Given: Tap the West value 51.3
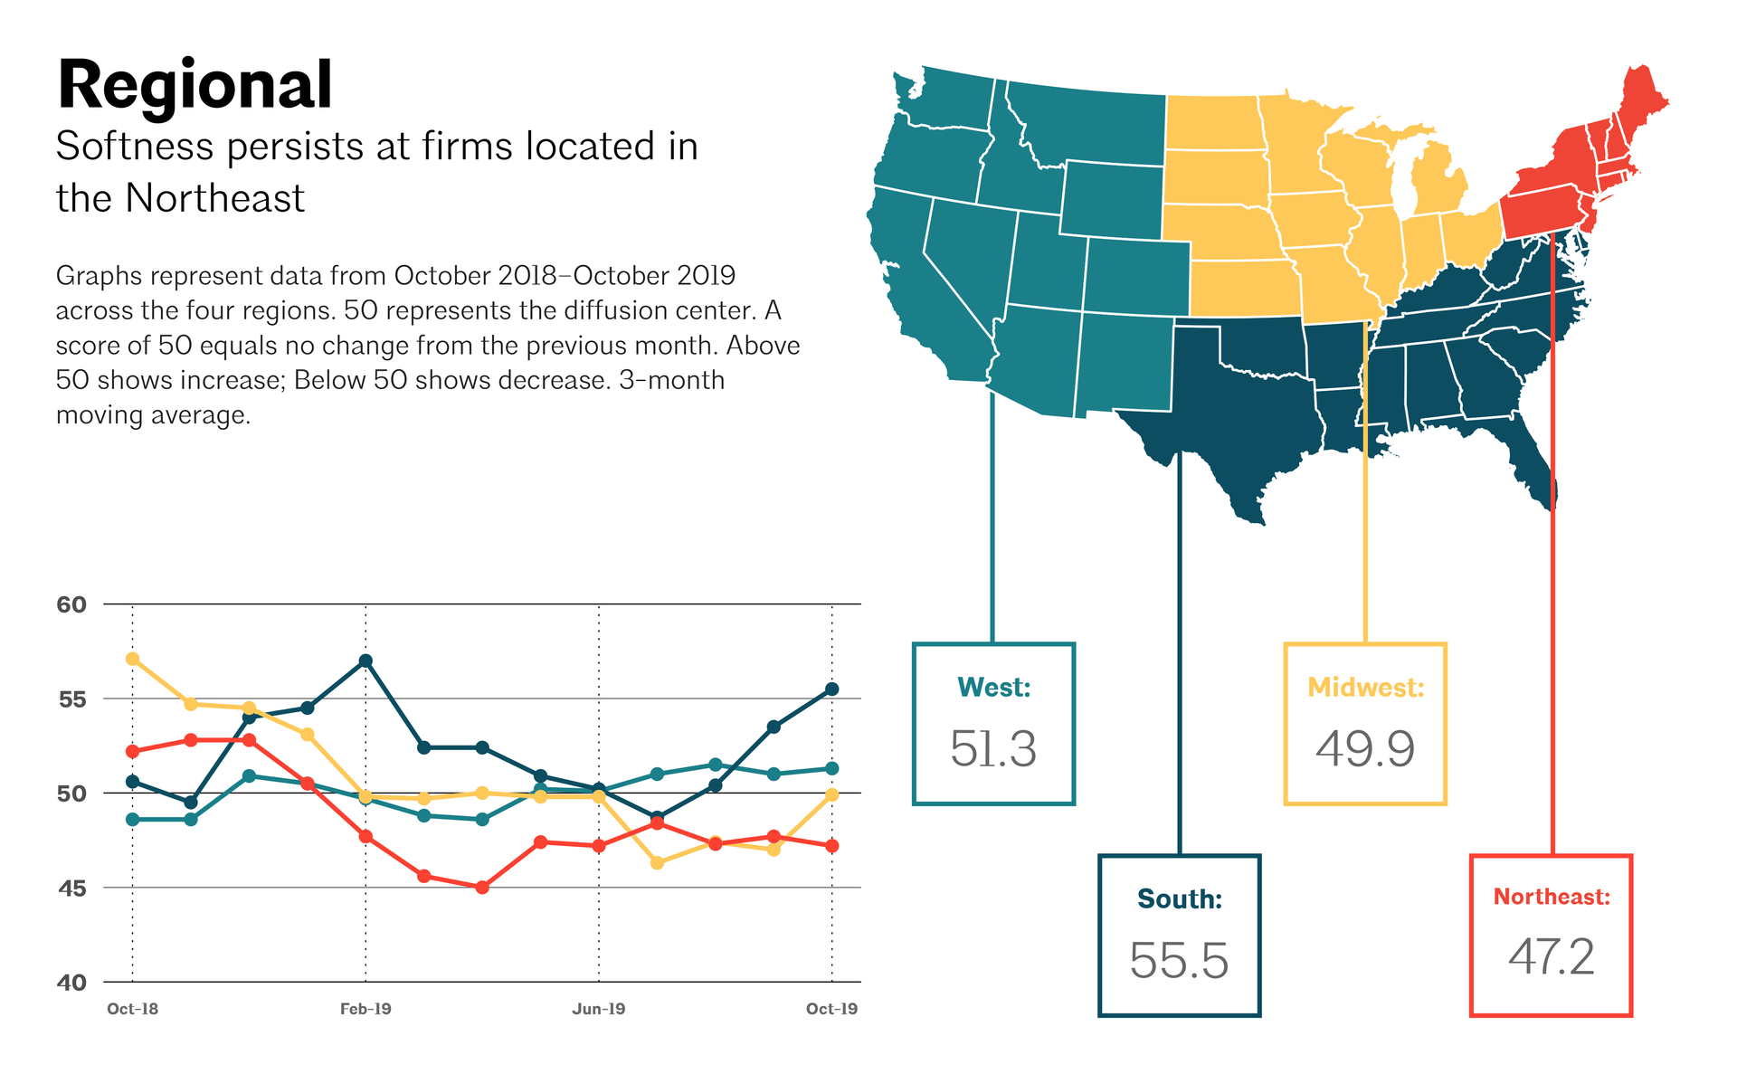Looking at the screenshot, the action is tap(993, 749).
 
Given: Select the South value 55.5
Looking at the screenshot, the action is tap(1179, 961).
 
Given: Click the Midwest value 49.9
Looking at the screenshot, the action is tap(1365, 749).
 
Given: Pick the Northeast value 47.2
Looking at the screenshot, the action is tap(1552, 957).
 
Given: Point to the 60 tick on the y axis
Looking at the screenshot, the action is tap(71, 604).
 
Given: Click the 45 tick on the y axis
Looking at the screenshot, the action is tap(72, 889).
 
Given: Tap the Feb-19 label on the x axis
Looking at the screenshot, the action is tap(365, 1009).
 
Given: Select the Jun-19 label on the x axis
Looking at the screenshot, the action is tap(599, 1009).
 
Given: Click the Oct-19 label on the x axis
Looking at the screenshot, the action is tap(831, 1009).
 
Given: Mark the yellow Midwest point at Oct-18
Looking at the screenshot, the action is tap(133, 659).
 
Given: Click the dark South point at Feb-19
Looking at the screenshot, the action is tap(365, 661).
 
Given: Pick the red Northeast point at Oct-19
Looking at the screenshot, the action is tap(832, 846).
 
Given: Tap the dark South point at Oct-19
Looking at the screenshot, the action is tap(832, 689).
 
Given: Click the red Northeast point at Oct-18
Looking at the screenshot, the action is tap(133, 751).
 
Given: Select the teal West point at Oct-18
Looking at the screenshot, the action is tap(133, 820).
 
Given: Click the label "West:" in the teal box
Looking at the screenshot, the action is tap(994, 688).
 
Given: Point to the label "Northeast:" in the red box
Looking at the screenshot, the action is tap(1552, 897).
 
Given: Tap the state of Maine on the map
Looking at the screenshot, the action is tap(1642, 100).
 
